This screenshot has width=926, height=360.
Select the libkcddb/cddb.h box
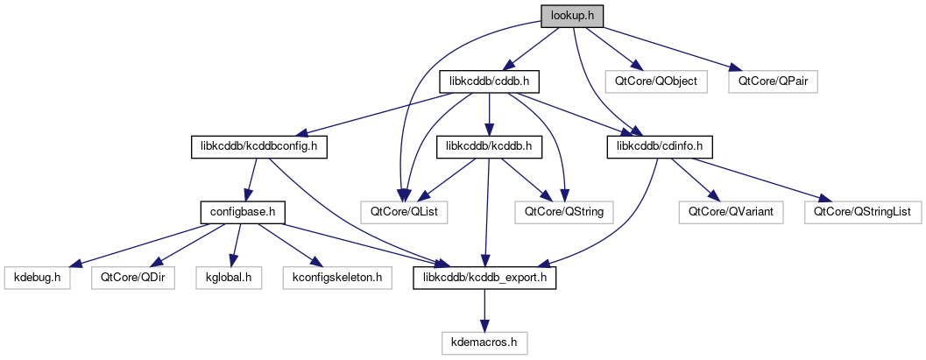click(x=487, y=82)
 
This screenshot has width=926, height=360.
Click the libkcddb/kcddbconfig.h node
click(x=259, y=146)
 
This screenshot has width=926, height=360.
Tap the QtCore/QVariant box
click(x=724, y=211)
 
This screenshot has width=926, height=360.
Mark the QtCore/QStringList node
click(x=862, y=211)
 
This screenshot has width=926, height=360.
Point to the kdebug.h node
click(x=37, y=277)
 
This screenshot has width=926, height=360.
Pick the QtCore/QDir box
click(x=127, y=277)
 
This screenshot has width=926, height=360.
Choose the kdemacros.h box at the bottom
click(x=485, y=342)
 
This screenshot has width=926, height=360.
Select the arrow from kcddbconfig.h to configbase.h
click(x=250, y=179)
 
